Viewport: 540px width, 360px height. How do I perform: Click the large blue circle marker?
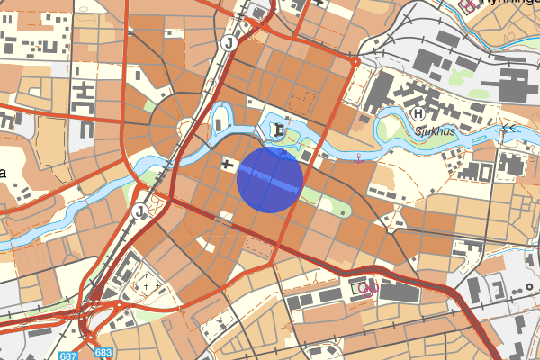pyautogui.click(x=268, y=180)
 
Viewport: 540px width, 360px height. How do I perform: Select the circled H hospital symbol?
pyautogui.click(x=418, y=114)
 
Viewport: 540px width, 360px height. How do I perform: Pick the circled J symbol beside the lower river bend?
pyautogui.click(x=140, y=211)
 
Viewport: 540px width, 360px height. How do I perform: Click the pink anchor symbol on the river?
pyautogui.click(x=359, y=159)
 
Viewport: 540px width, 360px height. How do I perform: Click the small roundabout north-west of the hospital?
pyautogui.click(x=356, y=62)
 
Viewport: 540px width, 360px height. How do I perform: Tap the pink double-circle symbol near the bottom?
pyautogui.click(x=366, y=288)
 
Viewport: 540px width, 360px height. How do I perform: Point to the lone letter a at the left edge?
pyautogui.click(x=4, y=173)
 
